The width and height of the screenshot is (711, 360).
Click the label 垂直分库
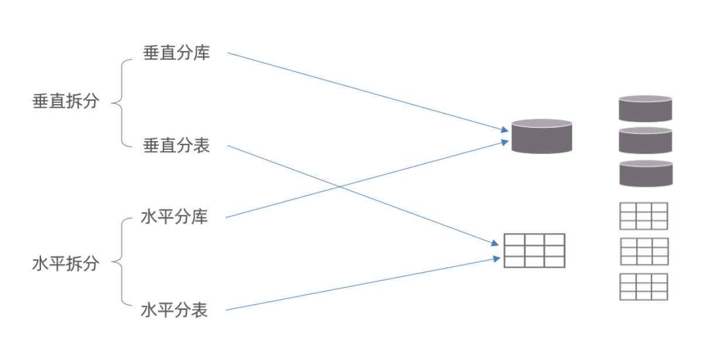coord(176,53)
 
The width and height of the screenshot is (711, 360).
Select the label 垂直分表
coord(176,146)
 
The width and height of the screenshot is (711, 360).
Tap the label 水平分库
coord(174,217)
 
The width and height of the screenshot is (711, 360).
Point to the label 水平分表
coord(174,310)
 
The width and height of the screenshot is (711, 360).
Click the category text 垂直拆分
coord(66,101)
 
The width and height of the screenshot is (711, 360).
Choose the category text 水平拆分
coord(66,263)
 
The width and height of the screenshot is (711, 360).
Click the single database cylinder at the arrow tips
coord(541,136)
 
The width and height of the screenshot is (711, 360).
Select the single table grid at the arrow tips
coord(534,251)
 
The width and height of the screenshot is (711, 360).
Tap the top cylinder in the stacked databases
coord(645,108)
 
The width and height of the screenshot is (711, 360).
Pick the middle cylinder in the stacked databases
coord(645,140)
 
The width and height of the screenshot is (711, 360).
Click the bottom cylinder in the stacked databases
coord(645,173)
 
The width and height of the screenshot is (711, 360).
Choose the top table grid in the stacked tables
coord(643,216)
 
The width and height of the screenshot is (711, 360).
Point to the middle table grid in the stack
coord(643,251)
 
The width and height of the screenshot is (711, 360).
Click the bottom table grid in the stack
coord(643,286)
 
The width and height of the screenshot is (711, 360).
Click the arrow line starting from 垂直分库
coord(363,90)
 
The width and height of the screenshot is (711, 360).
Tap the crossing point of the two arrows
coord(340,187)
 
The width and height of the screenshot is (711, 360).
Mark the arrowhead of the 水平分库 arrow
coord(505,141)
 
